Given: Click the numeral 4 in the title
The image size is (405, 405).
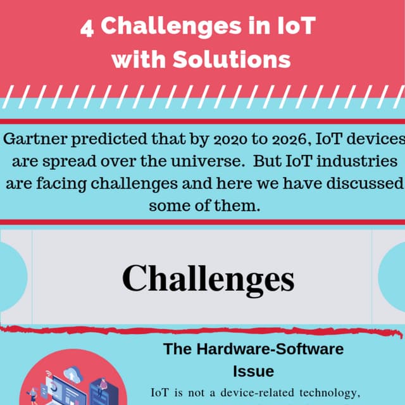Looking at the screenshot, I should click(x=87, y=27).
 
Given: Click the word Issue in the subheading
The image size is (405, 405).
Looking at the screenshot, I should click(x=253, y=370).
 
